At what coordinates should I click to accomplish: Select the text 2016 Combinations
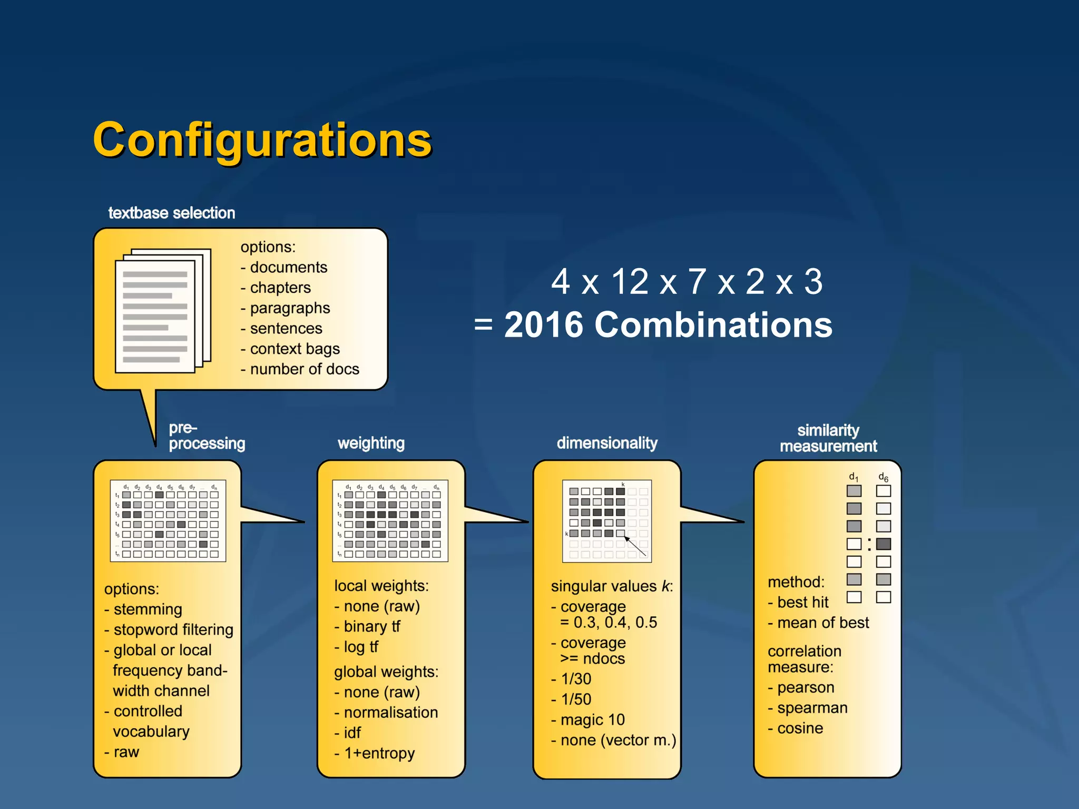tap(668, 324)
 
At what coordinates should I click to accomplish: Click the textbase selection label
tap(171, 213)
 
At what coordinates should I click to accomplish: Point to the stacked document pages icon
tap(162, 310)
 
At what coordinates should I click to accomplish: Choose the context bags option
tap(295, 349)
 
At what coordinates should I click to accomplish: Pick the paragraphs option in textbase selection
tap(290, 308)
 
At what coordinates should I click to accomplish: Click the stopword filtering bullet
tap(173, 629)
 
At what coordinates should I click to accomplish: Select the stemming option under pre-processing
tap(148, 609)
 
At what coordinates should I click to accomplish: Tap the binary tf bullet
tap(371, 626)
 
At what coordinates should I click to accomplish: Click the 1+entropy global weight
tap(379, 753)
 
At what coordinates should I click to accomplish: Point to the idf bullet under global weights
tap(352, 733)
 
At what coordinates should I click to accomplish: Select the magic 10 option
tap(592, 719)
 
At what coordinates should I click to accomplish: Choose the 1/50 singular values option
tap(576, 699)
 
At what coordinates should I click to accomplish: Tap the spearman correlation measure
tap(812, 708)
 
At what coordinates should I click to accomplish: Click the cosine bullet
tap(800, 728)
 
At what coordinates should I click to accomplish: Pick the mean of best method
tap(822, 623)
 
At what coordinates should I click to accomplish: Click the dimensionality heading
tap(607, 443)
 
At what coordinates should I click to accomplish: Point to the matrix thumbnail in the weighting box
tap(390, 520)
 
